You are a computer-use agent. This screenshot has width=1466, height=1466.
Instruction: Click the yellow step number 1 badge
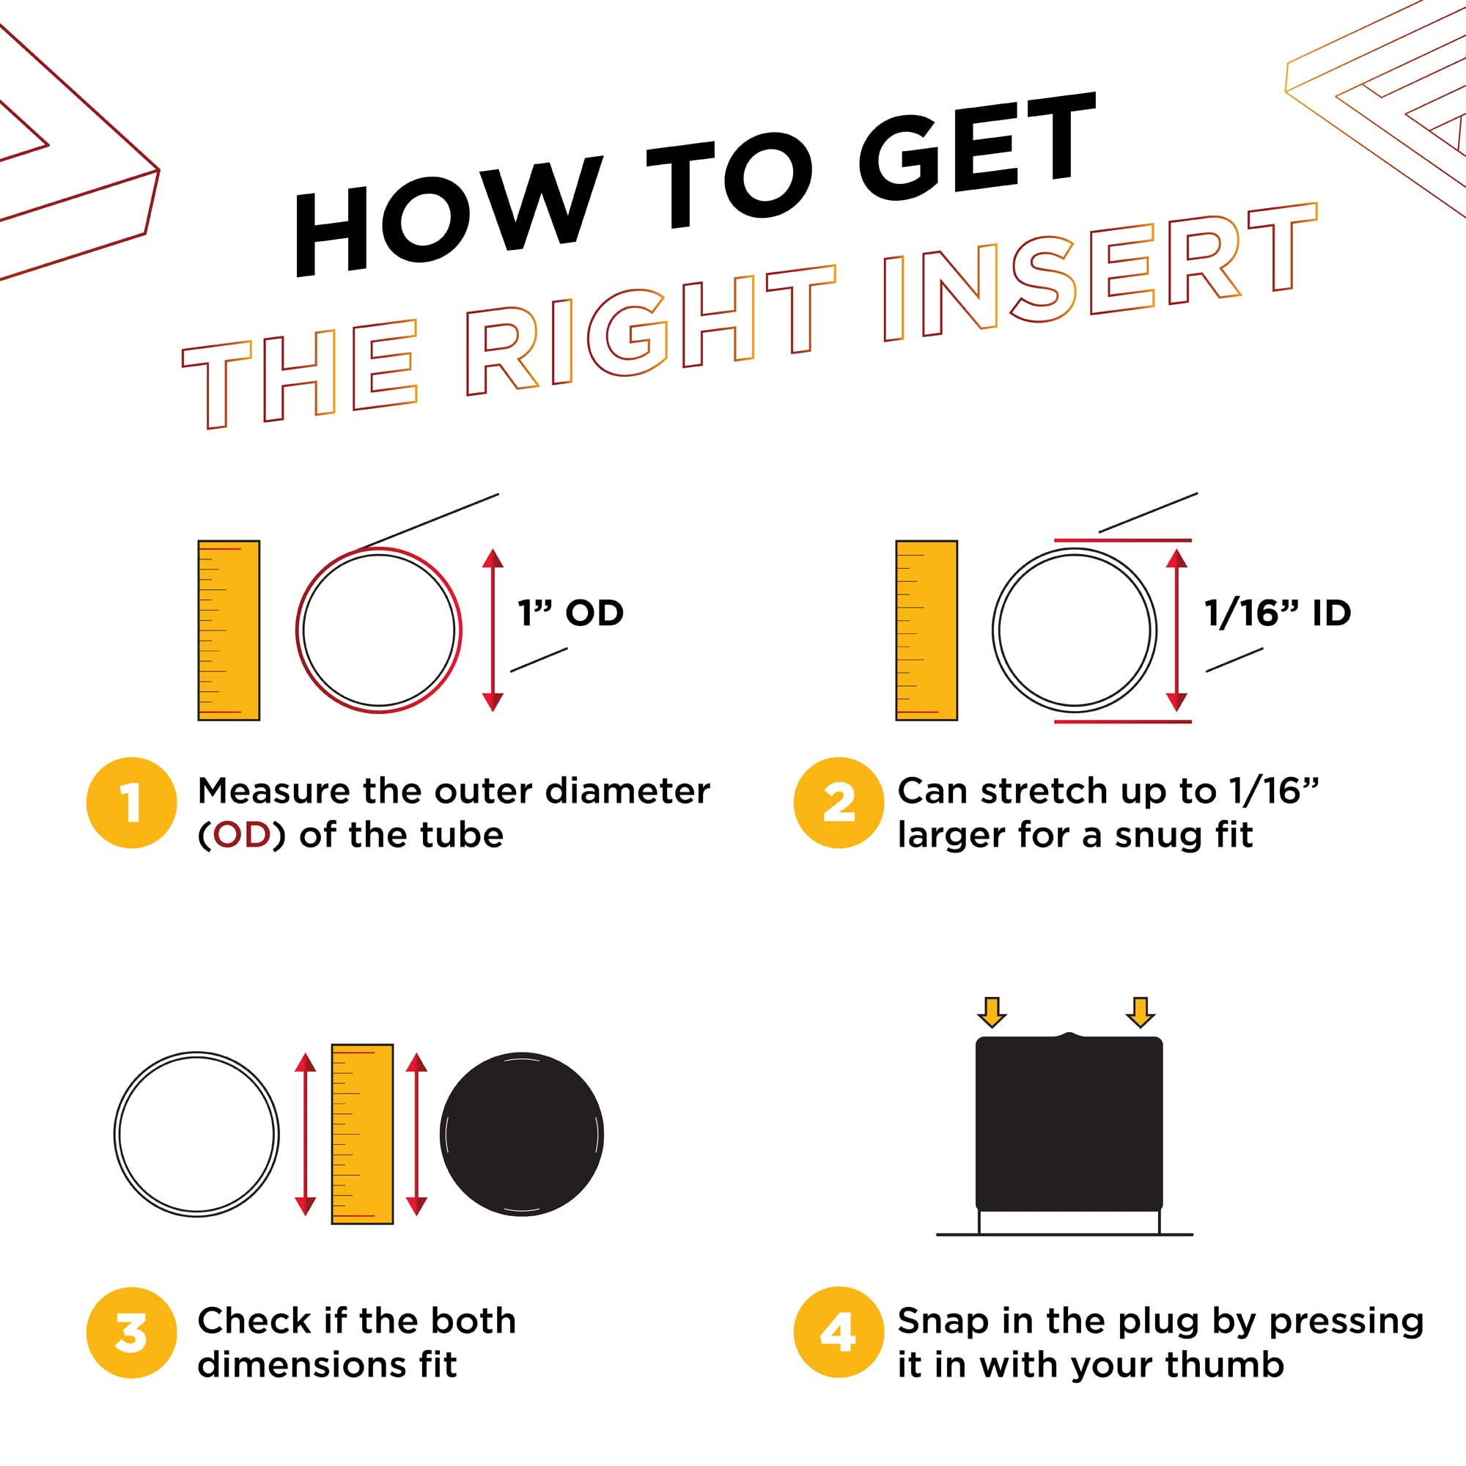click(132, 803)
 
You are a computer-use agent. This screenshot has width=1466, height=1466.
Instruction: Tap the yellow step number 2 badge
click(839, 803)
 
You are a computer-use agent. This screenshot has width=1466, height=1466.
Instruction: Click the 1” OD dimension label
click(570, 613)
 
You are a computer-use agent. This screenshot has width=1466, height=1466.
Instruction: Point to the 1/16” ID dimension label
click(1278, 613)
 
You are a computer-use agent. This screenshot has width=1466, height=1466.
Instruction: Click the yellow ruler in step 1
click(229, 630)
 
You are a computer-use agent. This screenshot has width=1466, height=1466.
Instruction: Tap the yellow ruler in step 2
click(927, 630)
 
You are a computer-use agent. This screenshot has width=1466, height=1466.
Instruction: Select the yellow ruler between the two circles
click(363, 1135)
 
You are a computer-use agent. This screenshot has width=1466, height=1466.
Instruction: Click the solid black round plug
click(522, 1135)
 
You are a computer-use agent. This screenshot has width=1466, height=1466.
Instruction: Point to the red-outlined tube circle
click(379, 548)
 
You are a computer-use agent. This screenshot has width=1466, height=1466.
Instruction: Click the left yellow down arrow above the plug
click(992, 1012)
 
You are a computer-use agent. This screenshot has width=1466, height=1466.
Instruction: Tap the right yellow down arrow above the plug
click(1140, 1012)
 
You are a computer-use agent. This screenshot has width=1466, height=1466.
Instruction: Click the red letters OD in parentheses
click(242, 836)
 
